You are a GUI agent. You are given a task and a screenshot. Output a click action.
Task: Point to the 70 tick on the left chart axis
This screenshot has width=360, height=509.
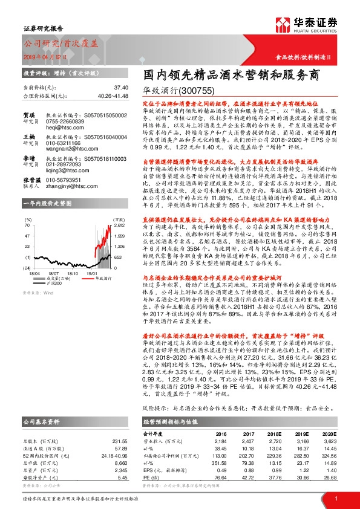(27, 224)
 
